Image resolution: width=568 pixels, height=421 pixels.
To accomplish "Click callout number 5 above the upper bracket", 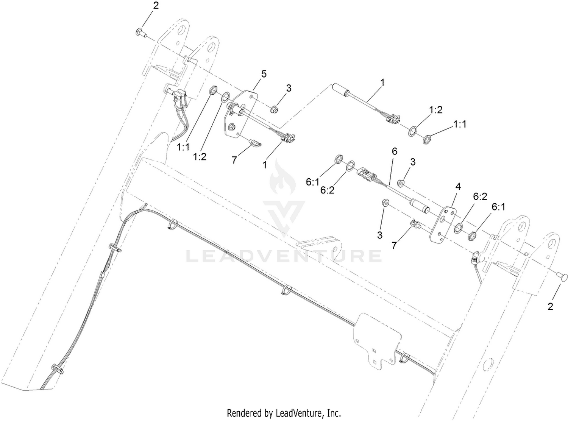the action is [x=264, y=74].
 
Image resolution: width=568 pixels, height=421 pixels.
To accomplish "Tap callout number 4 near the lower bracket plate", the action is [x=458, y=187].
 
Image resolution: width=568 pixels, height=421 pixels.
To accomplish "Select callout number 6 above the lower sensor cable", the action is [x=394, y=151].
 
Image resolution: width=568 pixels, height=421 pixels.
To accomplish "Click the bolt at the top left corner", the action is [x=140, y=33].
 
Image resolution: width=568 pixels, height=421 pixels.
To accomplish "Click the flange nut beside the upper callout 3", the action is [x=274, y=109].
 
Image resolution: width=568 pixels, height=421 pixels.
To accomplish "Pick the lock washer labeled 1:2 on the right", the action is [x=412, y=131].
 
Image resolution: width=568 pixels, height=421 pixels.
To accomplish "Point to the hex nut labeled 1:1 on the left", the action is [x=212, y=90].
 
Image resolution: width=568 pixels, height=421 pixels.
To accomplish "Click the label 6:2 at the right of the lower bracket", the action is [x=480, y=196].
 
